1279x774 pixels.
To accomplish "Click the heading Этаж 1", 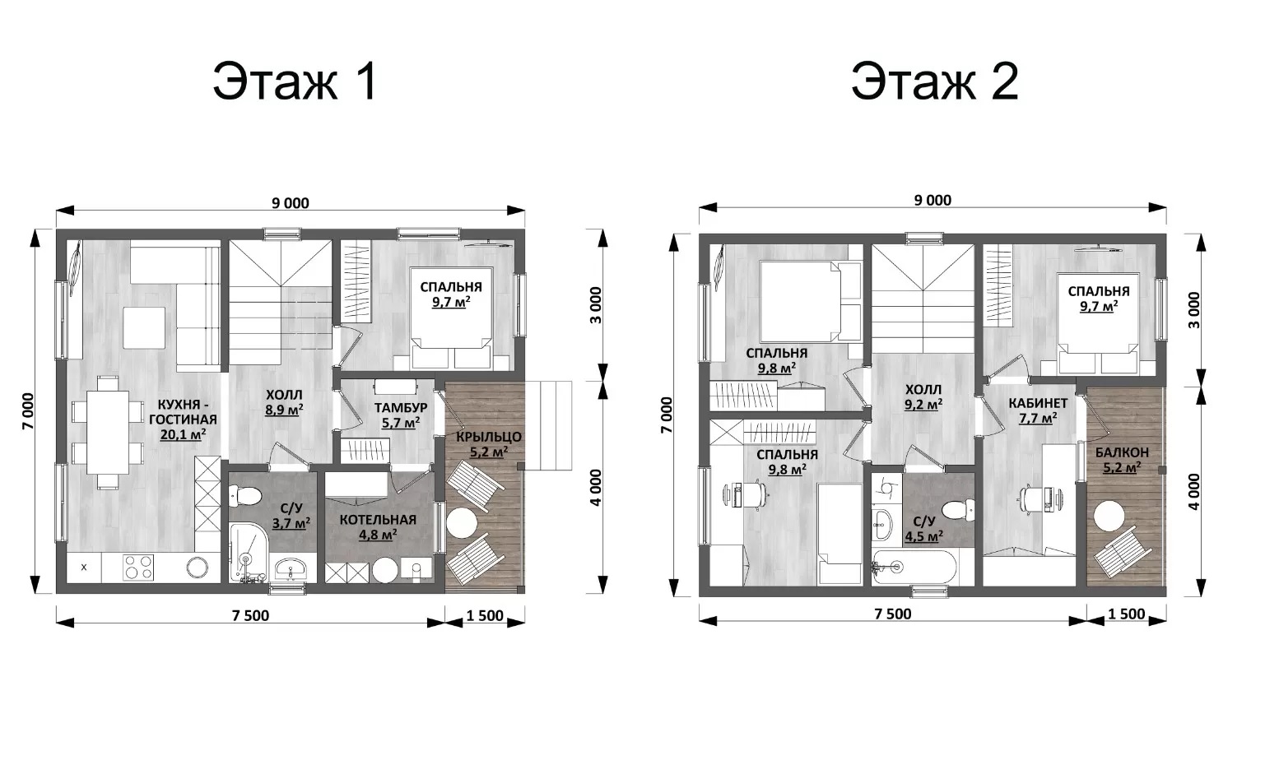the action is [295, 82].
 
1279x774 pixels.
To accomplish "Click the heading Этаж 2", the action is [935, 82].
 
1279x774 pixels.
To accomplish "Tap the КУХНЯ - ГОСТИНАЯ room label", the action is [184, 412].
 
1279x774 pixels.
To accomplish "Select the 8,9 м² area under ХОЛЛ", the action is [284, 410].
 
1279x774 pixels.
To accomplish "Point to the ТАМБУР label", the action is [401, 407].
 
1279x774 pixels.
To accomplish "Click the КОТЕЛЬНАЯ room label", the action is [378, 520].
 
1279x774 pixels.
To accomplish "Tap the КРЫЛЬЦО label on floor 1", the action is [489, 438].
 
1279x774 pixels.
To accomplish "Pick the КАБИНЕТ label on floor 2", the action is [1038, 404].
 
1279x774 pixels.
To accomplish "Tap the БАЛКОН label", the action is [1122, 452].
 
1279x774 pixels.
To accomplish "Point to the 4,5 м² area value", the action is [923, 536].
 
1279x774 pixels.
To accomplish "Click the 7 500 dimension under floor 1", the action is [251, 615].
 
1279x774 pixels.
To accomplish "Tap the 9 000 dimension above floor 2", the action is [933, 201].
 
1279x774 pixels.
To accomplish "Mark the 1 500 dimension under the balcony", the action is [1127, 614].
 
